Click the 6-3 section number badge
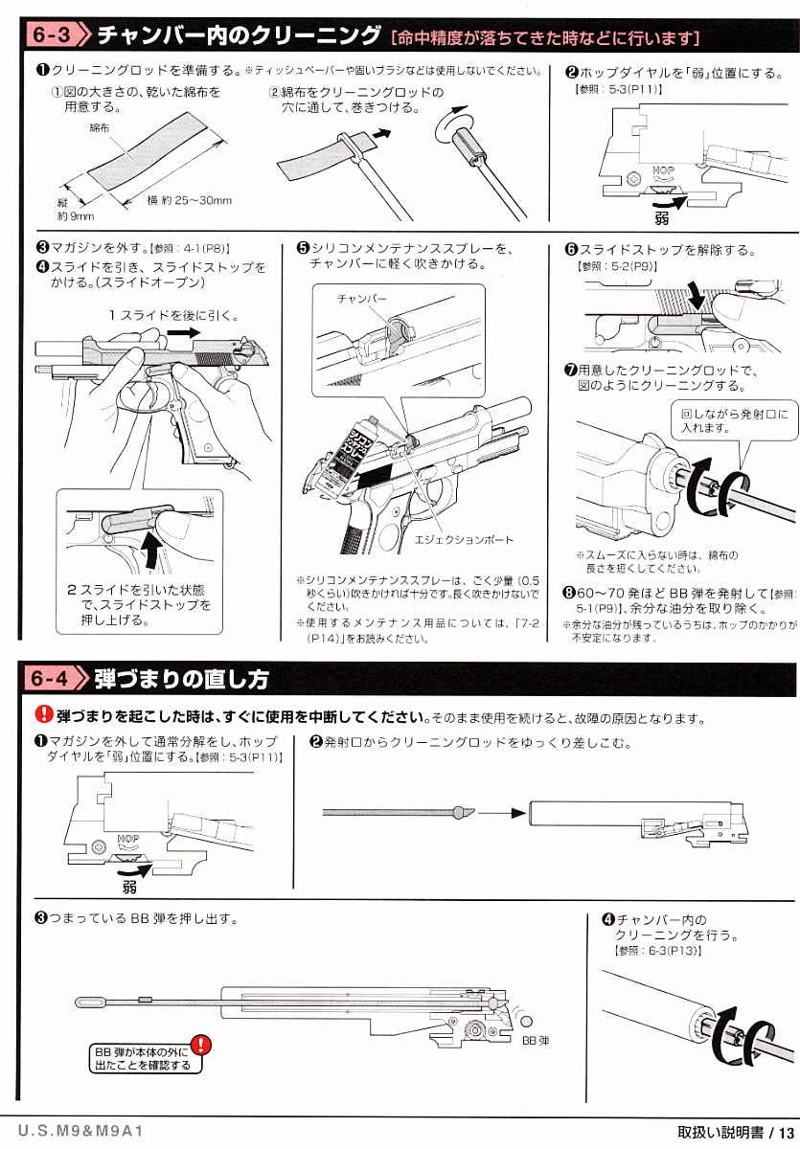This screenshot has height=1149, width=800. pos(50,36)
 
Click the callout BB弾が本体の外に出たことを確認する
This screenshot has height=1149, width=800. pos(142,1058)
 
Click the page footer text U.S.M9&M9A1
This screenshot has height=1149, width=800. pos(80,1131)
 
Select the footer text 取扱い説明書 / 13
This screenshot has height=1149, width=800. pos(736,1132)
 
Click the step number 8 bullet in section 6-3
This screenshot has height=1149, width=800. pos(568,593)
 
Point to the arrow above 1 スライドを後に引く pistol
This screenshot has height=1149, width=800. pos(178,329)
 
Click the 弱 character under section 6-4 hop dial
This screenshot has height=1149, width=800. pos(129,887)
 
